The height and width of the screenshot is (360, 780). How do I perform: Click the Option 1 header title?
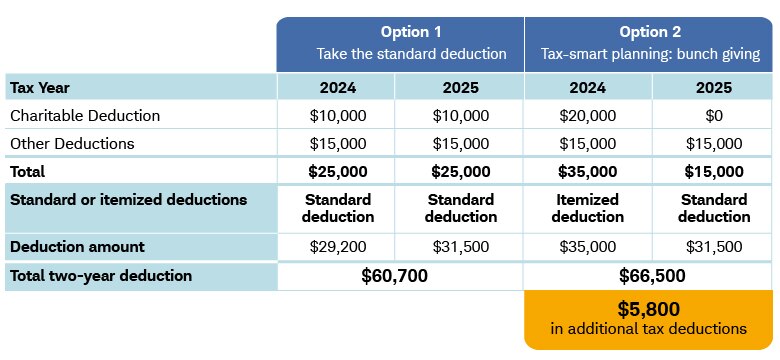[411, 32]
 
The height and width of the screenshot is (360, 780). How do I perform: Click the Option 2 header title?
[650, 32]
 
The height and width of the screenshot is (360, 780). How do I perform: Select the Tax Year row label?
[40, 88]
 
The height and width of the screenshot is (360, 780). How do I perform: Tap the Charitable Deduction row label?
[85, 116]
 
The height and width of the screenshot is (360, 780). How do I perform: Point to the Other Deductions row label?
[72, 144]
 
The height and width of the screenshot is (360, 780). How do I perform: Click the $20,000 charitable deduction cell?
[587, 116]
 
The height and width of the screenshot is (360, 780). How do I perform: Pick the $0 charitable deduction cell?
[714, 116]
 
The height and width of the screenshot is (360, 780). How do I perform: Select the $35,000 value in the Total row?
[587, 172]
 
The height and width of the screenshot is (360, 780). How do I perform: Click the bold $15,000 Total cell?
[714, 172]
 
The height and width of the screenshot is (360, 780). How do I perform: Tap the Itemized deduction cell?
[587, 208]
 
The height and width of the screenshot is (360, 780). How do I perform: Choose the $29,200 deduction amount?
[338, 247]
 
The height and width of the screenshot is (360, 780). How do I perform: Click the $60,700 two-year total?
[394, 276]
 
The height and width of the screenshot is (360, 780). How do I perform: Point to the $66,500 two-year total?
[652, 276]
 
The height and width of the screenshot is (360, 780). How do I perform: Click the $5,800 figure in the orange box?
[649, 309]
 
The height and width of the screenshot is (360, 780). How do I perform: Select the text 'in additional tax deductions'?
[649, 329]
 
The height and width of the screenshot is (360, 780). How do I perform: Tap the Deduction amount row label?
[77, 247]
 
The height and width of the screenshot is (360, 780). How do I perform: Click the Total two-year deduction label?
[101, 275]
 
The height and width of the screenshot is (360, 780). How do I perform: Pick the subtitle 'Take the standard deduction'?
[411, 54]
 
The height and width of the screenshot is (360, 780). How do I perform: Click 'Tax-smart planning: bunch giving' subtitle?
[650, 54]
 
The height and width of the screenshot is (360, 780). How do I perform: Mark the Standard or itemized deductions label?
[128, 200]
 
